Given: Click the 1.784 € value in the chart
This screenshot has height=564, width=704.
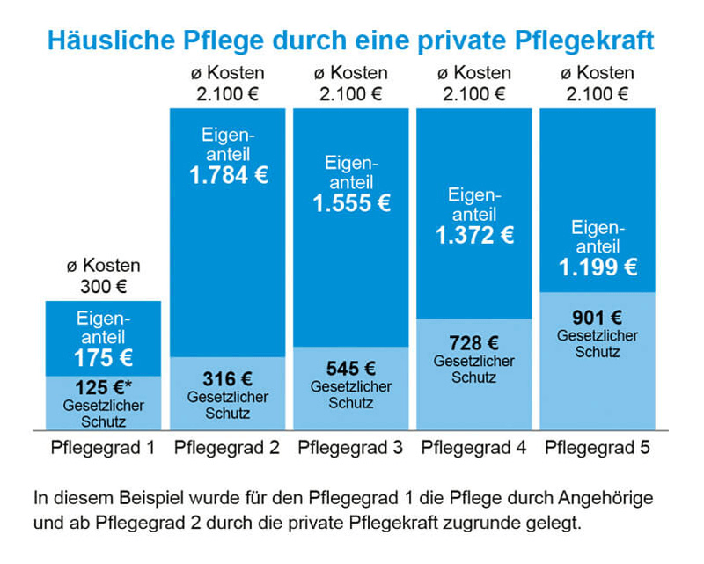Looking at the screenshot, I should coord(228,174).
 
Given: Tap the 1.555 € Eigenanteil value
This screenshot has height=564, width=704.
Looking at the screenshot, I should coord(351,203).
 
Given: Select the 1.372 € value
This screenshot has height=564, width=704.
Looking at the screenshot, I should coord(474,235).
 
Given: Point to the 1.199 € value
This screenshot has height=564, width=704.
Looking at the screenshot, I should coord(598,266).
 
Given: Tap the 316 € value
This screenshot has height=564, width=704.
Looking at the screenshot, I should coord(228,379).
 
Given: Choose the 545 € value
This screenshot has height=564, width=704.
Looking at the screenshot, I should coord(351,369).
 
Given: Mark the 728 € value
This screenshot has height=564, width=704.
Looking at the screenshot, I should coord(474,343).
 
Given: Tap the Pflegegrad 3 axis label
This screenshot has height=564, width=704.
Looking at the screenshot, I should coord(350,448).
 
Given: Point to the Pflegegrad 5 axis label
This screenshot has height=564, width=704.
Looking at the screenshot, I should coord(598,448).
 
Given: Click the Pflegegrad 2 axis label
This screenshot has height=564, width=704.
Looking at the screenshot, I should coord(227,448).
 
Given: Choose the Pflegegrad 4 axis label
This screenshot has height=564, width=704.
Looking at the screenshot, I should coord(474,448).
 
